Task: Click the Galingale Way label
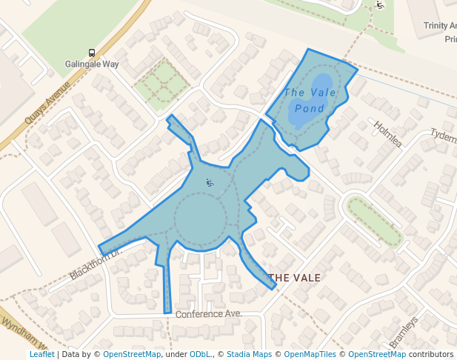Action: click(x=92, y=64)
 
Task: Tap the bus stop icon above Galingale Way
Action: click(x=92, y=53)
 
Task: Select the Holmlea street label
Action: click(x=387, y=134)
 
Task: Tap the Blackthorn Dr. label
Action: click(x=94, y=264)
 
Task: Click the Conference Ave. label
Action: click(x=209, y=314)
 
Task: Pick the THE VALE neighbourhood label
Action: click(x=295, y=278)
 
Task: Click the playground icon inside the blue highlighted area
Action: click(x=210, y=182)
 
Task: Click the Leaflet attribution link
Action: click(x=41, y=355)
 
